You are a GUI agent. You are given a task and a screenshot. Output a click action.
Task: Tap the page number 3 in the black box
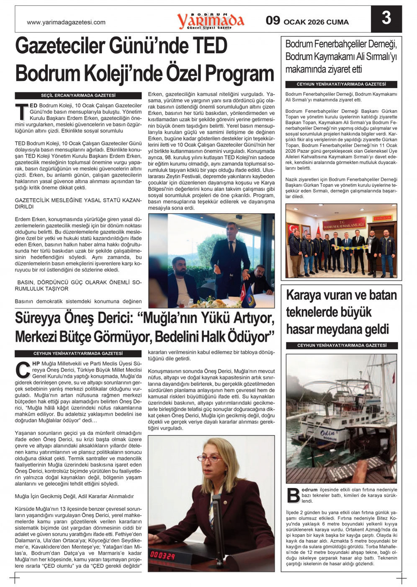pos(386,18)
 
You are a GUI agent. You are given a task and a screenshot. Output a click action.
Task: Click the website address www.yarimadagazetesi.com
pos(66,23)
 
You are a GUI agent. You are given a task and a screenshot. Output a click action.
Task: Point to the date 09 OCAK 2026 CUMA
pos(307,21)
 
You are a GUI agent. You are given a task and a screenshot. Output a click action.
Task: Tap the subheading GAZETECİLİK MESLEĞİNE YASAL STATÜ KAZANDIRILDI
pos(78,203)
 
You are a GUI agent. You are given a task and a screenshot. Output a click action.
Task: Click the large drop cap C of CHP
pos(22,369)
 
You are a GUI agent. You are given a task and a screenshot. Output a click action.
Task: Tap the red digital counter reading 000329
pos(162,556)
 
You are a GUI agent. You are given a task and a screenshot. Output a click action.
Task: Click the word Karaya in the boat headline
pos(306,295)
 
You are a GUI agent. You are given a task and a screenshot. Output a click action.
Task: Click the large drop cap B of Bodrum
pos(293,495)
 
